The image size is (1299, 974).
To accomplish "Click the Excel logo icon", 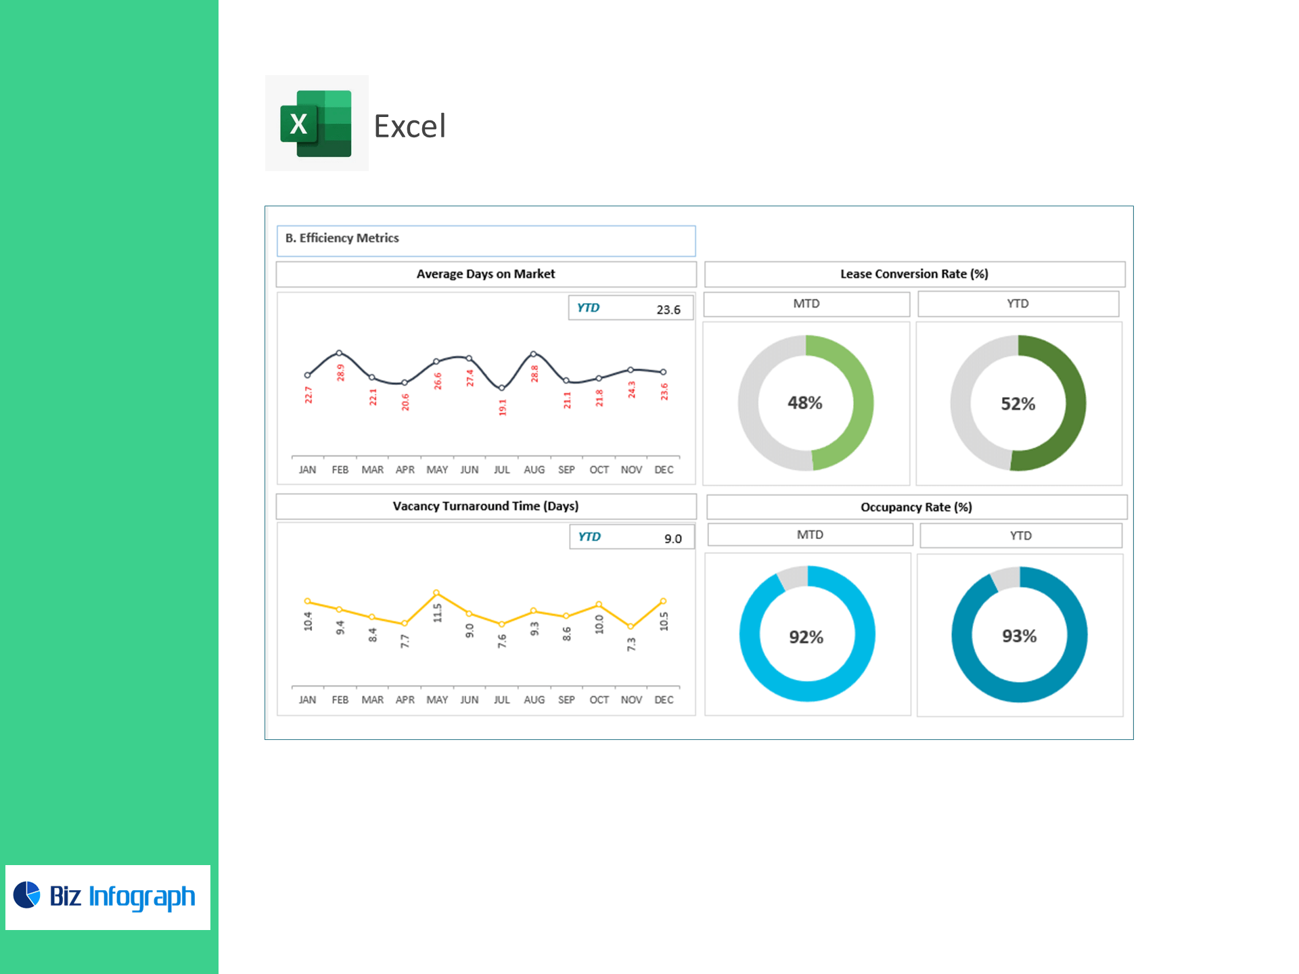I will click(x=316, y=123).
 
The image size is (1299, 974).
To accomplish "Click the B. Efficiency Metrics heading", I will click(x=342, y=238).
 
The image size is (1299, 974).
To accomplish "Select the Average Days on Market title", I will click(x=485, y=274).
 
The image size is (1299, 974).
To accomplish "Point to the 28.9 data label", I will click(x=340, y=373).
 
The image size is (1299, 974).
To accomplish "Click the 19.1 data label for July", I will click(x=502, y=407).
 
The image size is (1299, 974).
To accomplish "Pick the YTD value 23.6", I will click(x=668, y=310).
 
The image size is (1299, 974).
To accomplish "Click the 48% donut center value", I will click(x=804, y=403).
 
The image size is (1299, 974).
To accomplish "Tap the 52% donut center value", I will click(x=1018, y=404).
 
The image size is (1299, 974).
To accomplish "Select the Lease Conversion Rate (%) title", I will click(x=914, y=274).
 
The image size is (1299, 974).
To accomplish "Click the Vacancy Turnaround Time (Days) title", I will click(x=485, y=506).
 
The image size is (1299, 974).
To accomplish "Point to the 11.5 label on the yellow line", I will click(x=437, y=613).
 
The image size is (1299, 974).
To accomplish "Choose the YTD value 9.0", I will click(x=673, y=539).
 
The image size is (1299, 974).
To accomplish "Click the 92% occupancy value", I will click(x=806, y=637).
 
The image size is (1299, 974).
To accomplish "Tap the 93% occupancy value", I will click(x=1019, y=636).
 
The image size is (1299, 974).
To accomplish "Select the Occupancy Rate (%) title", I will click(x=916, y=507).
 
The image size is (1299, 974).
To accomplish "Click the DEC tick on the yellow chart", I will click(x=664, y=699).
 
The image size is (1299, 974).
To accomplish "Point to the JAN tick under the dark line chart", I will click(x=307, y=469).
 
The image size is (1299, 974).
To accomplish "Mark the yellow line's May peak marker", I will click(x=436, y=593).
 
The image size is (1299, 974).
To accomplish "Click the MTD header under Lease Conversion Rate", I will click(x=806, y=304).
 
